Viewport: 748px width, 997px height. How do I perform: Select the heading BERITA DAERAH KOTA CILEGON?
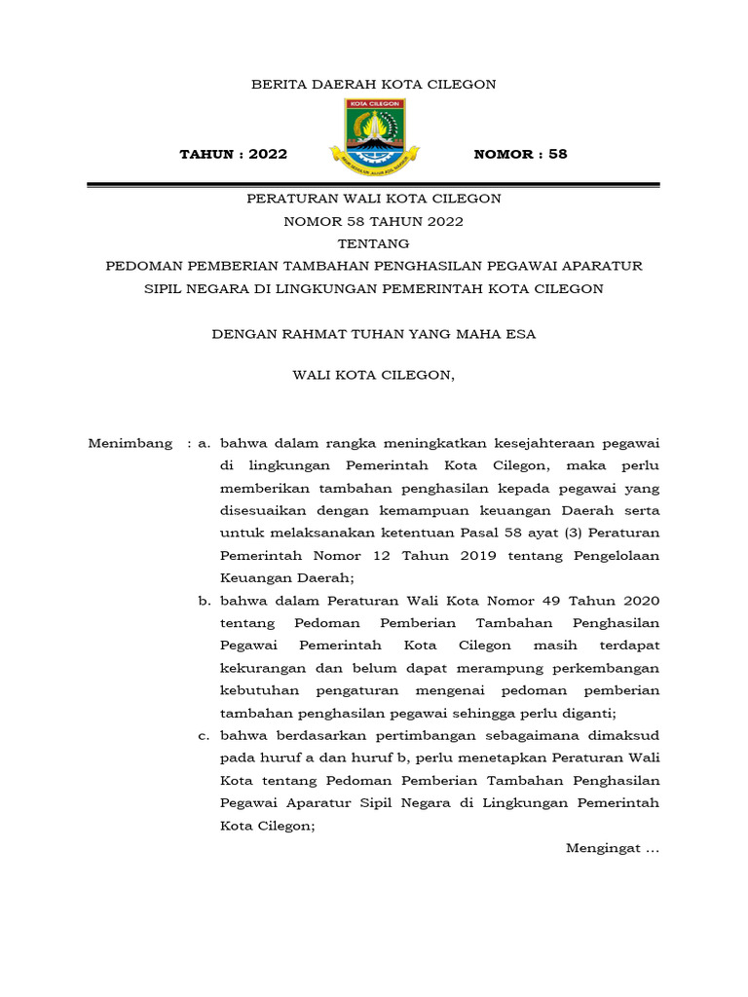click(374, 85)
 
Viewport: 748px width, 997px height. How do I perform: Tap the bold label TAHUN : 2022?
click(234, 155)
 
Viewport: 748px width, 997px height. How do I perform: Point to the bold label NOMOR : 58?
click(520, 155)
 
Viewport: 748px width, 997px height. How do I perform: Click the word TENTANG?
click(373, 243)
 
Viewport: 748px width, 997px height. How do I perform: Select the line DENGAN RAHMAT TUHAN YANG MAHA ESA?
click(374, 334)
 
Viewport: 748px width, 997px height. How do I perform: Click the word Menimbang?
click(131, 444)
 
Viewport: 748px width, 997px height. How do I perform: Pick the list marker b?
click(205, 602)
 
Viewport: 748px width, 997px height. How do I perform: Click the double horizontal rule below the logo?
click(374, 185)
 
